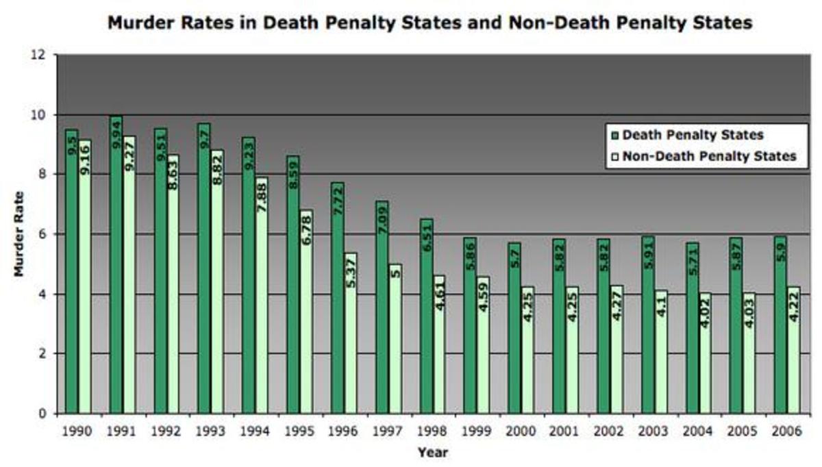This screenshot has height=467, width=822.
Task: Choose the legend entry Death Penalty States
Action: (x=693, y=136)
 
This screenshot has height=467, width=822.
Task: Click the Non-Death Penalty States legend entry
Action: (x=709, y=156)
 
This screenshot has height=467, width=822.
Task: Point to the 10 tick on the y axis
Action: (x=40, y=115)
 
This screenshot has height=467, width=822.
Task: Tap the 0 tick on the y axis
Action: (x=43, y=414)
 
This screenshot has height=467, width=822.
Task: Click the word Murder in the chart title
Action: (x=142, y=23)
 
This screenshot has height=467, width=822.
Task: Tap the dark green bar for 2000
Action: (x=514, y=329)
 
